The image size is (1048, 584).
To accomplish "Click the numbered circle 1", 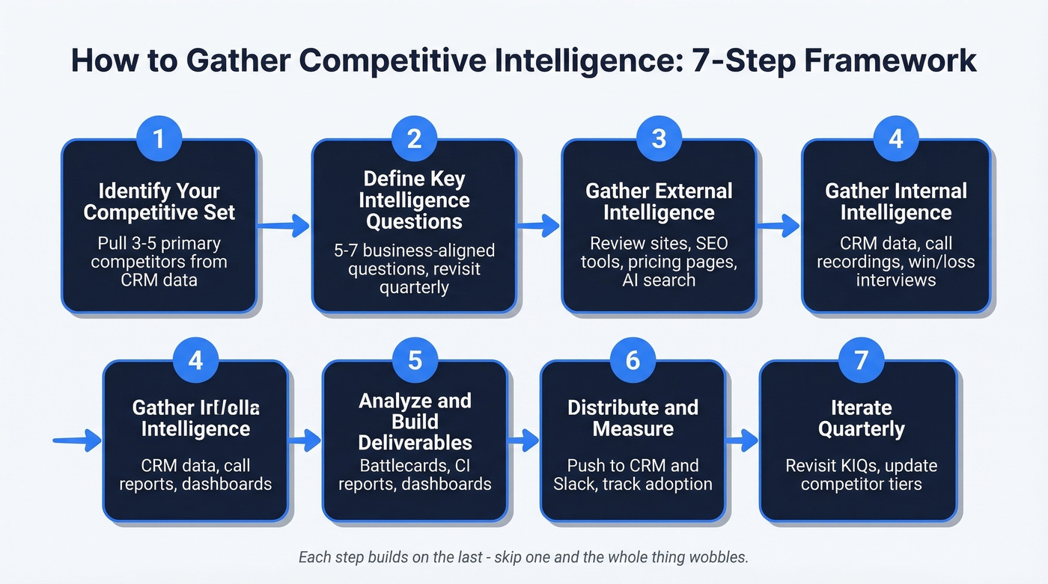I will pos(158,139).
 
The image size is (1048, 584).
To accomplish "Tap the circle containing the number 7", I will pos(861,361).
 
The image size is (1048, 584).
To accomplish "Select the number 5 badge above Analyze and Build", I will pos(415,361).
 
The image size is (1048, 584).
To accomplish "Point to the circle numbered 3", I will pos(659,139).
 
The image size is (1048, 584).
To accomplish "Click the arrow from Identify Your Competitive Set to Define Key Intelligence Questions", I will pos(284,224).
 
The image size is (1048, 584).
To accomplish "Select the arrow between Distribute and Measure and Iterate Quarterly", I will pos(742,440).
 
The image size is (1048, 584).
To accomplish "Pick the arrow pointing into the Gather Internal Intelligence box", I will pos(779,224).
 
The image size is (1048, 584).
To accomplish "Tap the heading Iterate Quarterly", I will pos(861,418).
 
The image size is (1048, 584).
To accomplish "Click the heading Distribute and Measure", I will pos(633,418).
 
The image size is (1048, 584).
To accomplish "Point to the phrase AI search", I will pos(659,280).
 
